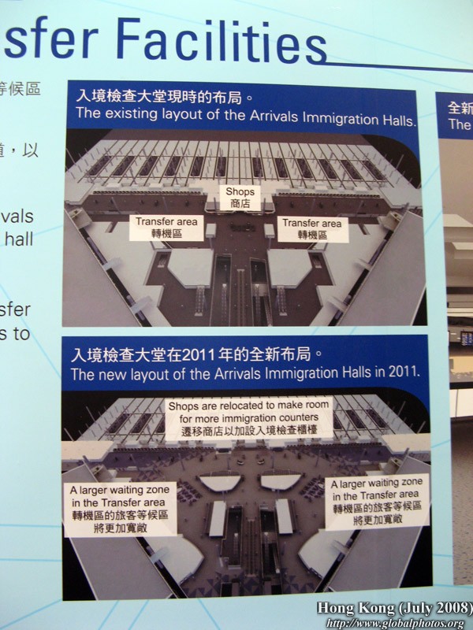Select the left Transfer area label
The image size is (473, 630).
[x=166, y=228]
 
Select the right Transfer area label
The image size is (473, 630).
[x=312, y=228]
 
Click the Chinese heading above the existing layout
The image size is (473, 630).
[x=164, y=97]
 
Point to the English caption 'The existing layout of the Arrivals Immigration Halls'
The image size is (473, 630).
[x=245, y=114]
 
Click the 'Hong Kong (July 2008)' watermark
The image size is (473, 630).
[x=394, y=608]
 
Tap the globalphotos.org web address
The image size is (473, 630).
[x=395, y=623]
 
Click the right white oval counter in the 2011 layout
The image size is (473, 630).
[x=280, y=481]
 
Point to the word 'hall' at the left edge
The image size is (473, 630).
[x=17, y=239]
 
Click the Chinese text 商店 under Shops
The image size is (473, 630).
[x=240, y=203]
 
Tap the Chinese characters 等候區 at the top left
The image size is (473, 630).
[x=20, y=88]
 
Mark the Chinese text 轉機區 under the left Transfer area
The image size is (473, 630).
[x=166, y=234]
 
